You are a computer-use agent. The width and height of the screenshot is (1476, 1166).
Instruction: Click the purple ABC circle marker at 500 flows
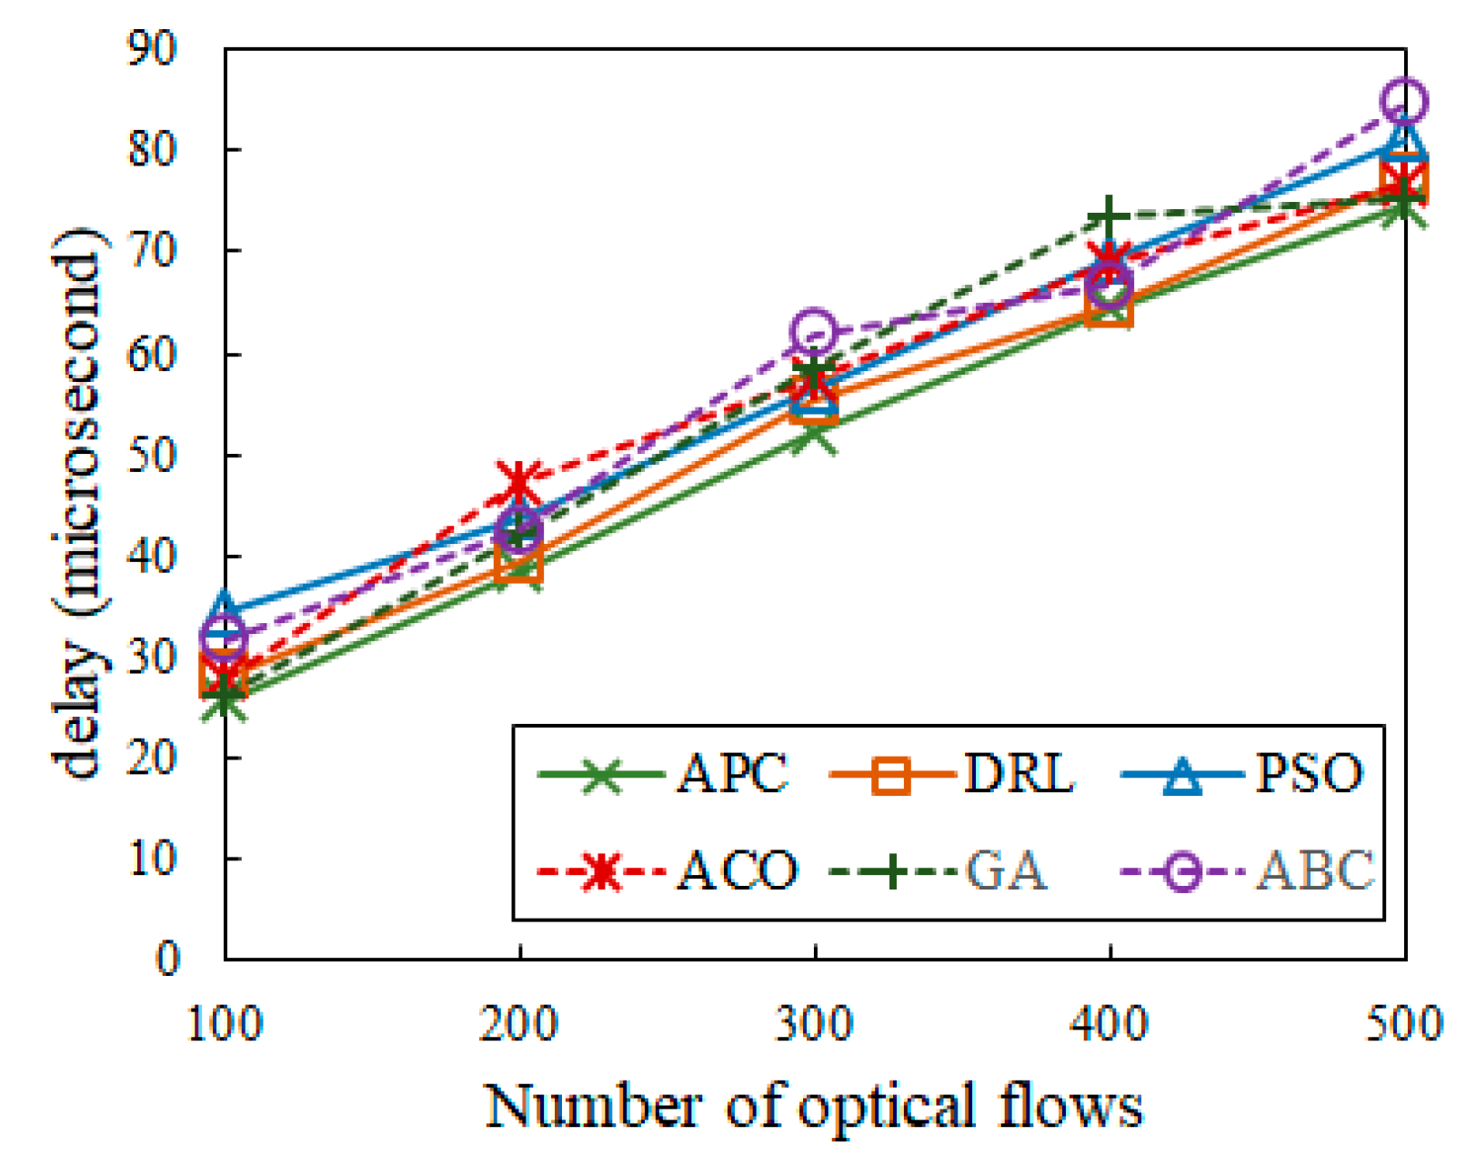click(x=1404, y=100)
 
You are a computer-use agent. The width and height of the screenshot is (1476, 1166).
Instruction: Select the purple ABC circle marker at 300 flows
click(x=814, y=330)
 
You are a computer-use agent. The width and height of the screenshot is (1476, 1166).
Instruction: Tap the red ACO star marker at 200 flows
click(x=518, y=479)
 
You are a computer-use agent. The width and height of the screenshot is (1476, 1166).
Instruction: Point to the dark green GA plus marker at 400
click(x=1109, y=218)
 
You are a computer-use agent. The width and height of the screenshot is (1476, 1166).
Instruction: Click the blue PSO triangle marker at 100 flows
click(x=225, y=607)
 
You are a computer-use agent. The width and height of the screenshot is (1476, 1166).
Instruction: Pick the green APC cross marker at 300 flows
click(x=814, y=435)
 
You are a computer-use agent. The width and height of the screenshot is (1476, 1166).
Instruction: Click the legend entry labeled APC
click(x=732, y=774)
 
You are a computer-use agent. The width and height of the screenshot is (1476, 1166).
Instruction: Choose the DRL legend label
click(x=1018, y=774)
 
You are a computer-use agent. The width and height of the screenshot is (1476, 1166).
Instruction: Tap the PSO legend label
click(x=1310, y=774)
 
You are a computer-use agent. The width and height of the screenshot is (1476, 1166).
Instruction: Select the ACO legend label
click(x=737, y=870)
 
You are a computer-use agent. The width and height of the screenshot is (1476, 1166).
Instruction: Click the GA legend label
click(x=1006, y=870)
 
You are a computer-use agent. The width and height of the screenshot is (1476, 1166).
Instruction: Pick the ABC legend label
click(x=1315, y=870)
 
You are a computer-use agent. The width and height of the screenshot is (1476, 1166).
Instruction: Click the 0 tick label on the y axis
click(x=167, y=959)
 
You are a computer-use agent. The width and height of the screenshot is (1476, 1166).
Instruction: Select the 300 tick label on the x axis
click(x=814, y=1024)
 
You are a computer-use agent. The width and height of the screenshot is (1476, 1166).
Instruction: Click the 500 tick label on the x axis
click(x=1404, y=1024)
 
